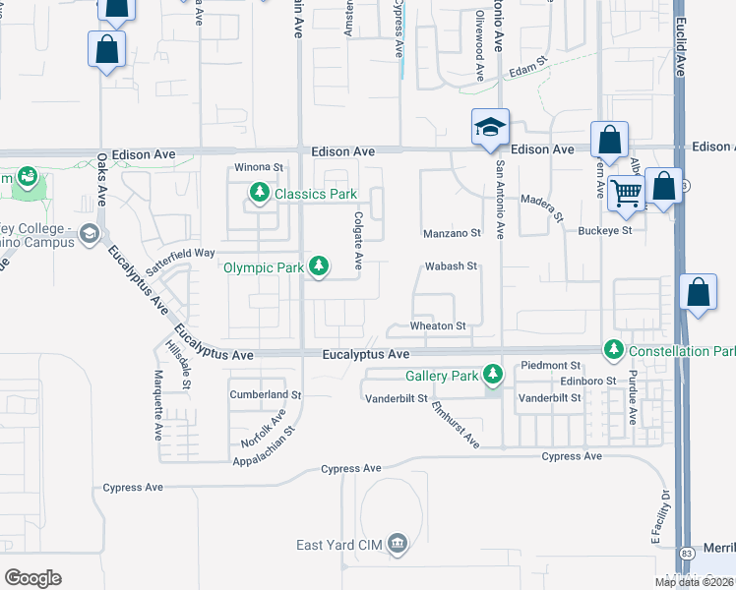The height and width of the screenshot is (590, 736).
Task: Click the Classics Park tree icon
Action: coord(260,193)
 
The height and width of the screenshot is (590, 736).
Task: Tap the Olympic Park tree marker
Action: coord(319,265)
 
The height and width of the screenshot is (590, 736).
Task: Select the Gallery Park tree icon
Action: coord(493,375)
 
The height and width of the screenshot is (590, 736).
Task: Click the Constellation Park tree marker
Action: coord(614,350)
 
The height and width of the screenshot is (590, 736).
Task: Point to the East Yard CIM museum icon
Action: coord(398,544)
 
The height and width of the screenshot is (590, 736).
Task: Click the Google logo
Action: coord(32,577)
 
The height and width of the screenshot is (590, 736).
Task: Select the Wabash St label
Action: coord(451,266)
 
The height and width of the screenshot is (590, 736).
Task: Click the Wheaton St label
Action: coord(438,325)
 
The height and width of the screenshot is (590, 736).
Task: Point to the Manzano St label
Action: coord(452,234)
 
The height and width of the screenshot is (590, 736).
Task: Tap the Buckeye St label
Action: coord(604,231)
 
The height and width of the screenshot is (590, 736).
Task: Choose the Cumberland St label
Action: coord(259,394)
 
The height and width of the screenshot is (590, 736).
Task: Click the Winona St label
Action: coord(258,168)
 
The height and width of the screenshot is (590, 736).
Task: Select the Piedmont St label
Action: coord(551,365)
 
